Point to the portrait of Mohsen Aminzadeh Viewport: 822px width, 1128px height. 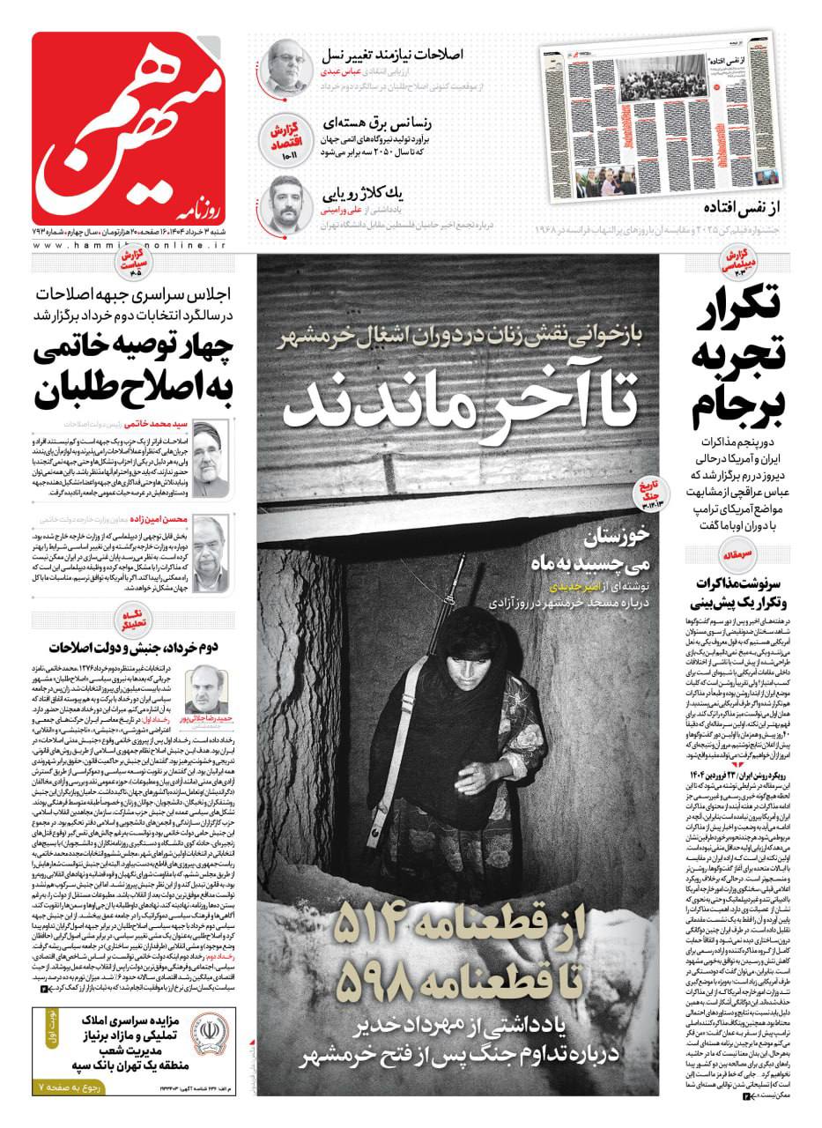click(x=211, y=553)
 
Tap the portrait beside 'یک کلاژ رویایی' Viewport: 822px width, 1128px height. click(x=287, y=204)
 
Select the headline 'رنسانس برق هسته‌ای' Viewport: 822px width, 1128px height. click(x=401, y=122)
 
